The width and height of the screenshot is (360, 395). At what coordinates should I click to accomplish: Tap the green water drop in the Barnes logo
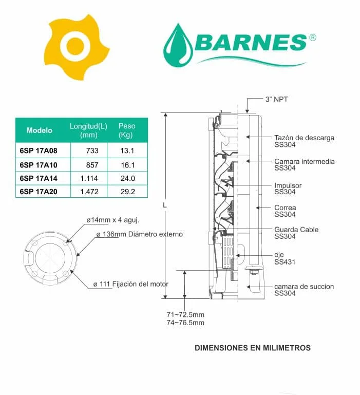[178, 46]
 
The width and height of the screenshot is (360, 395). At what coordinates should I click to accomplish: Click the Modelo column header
[40, 130]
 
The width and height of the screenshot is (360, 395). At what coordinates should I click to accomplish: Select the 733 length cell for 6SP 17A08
[92, 151]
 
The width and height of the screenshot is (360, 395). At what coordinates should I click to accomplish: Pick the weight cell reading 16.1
[127, 165]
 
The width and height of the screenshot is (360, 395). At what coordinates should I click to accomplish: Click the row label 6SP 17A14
[39, 178]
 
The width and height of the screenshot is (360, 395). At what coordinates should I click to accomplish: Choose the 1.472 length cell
[89, 192]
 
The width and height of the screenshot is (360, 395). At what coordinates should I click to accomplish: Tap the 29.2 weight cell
[127, 192]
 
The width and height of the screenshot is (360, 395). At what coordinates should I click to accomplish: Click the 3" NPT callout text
[276, 99]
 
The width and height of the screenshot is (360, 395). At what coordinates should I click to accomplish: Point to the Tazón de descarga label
[304, 141]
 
